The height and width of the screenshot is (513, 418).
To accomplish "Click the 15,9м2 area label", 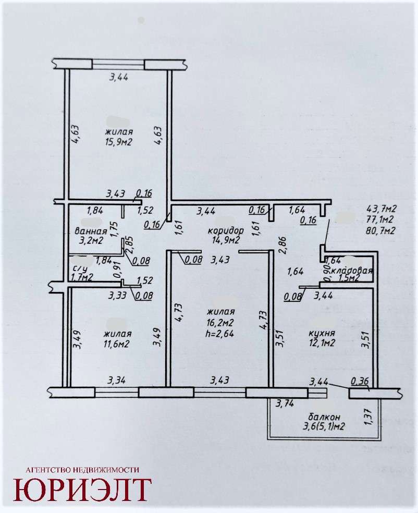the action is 118,142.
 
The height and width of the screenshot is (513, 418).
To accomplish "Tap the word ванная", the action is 91,231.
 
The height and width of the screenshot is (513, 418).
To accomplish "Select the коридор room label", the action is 226,230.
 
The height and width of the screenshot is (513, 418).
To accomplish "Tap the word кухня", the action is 322,333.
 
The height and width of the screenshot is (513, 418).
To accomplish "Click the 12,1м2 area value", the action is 322,343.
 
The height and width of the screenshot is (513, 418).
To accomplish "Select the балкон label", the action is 324,417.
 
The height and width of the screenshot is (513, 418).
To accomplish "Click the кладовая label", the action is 352,271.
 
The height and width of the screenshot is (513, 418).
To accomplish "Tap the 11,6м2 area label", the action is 117,344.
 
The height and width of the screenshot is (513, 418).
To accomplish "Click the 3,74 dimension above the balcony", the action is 285,404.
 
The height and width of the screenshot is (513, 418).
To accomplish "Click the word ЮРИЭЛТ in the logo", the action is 82,490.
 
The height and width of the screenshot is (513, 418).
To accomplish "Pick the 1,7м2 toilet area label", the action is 82,278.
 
